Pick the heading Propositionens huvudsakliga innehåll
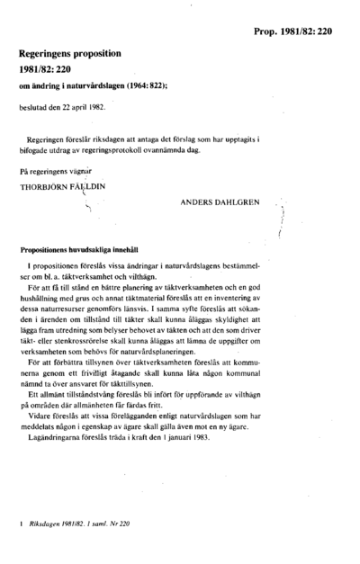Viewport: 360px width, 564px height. point(90,249)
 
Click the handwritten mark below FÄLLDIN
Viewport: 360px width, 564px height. point(88,207)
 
